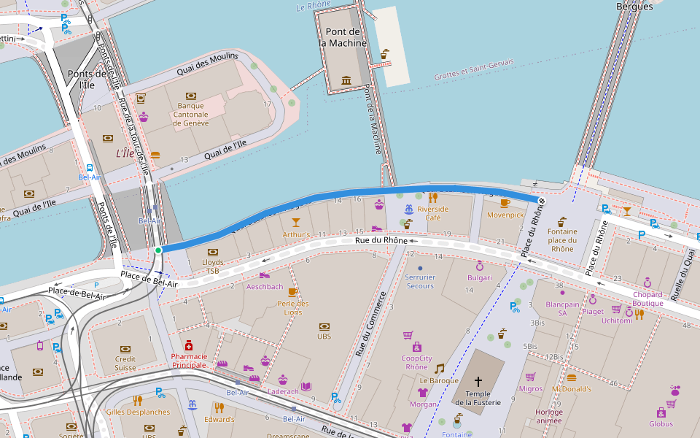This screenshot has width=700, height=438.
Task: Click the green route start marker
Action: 157,250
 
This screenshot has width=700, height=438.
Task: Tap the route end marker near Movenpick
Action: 541,200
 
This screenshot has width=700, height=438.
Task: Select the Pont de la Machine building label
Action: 343,37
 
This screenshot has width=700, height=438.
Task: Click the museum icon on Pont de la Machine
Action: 346,80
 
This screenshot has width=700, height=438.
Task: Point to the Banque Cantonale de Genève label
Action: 191,114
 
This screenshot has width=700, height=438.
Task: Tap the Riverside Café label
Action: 432,212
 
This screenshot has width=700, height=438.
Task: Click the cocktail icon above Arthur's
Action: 295,222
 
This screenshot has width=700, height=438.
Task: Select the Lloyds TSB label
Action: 213,266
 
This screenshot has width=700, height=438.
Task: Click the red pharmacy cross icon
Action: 188,345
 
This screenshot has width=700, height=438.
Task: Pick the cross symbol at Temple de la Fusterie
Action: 478,381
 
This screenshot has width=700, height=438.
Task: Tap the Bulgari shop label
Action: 480,278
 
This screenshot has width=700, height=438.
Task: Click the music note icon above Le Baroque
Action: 439,369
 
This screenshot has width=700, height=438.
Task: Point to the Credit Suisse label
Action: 125,363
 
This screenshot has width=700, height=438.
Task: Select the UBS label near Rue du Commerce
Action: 324,337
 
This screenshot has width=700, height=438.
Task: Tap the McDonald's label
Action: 571,389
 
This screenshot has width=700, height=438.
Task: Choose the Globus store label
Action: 661,423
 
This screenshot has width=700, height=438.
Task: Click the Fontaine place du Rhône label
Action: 561,240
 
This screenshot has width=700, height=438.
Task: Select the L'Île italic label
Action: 125,154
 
